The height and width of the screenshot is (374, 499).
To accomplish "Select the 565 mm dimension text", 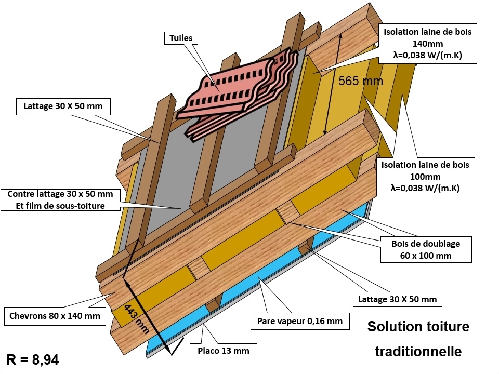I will click(x=360, y=81).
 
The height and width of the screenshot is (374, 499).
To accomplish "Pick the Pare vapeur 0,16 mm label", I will click(x=299, y=321).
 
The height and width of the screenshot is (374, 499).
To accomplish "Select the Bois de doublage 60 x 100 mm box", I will click(x=426, y=249).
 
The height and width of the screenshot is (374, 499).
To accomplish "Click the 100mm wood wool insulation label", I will click(x=425, y=177).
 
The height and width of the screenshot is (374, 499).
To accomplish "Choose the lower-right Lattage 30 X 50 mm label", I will click(x=397, y=299).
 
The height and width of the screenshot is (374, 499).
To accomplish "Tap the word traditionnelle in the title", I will click(x=418, y=351).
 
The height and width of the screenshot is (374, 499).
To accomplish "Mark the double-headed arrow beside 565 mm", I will click(x=333, y=83).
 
